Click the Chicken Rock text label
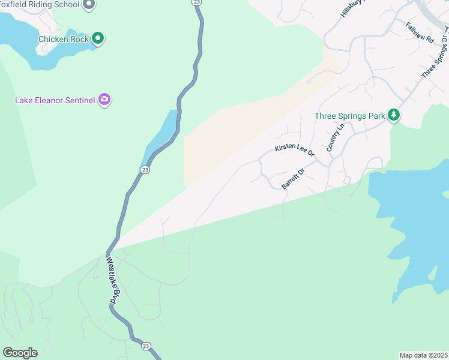pos(63,40)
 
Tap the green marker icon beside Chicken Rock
pos(98,39)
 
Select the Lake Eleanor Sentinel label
pos(55,100)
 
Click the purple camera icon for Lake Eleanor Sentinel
pos(104,100)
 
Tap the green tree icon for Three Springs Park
pos(394,115)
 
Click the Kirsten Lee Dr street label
pos(295,150)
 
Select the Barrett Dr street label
pos(294,179)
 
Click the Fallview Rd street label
pos(420,32)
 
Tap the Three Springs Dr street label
pos(436,56)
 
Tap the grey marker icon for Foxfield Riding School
pos(89,5)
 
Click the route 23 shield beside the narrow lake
pos(145,170)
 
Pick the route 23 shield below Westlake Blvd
pos(145,346)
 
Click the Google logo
pos(20,353)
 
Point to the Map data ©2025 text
pos(423,355)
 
